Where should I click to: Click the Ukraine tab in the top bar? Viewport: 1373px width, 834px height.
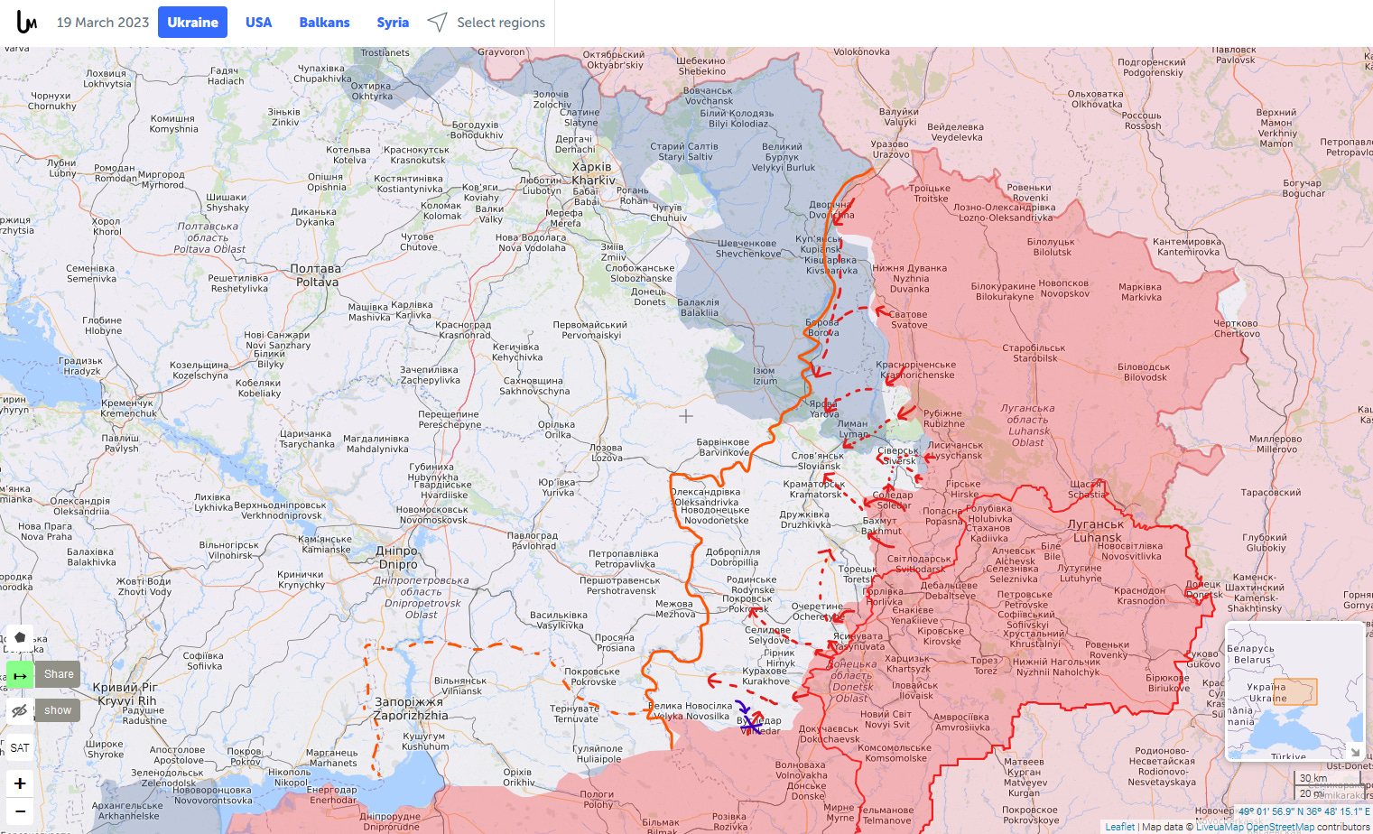click(x=192, y=23)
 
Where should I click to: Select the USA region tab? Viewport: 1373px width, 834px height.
click(x=258, y=23)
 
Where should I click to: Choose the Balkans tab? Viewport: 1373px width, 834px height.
click(x=324, y=23)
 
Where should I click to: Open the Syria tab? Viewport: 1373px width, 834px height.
click(x=393, y=23)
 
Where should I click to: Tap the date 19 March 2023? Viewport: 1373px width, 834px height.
click(x=103, y=23)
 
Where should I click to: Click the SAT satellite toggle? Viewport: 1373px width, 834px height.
click(x=20, y=747)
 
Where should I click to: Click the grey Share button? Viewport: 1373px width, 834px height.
click(x=59, y=674)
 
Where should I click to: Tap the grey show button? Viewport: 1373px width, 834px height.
click(x=58, y=710)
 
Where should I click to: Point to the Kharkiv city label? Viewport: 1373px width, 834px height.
click(x=592, y=173)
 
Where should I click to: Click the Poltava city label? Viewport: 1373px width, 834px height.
click(x=316, y=275)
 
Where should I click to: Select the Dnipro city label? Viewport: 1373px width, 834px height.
click(x=397, y=557)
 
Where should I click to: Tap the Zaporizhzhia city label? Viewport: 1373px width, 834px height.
click(x=410, y=709)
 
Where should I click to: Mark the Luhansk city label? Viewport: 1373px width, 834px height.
click(x=1097, y=531)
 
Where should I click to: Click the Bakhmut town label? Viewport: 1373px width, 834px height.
click(x=880, y=526)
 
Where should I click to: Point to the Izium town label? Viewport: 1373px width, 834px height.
click(x=765, y=375)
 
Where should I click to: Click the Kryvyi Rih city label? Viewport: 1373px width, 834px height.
click(x=125, y=694)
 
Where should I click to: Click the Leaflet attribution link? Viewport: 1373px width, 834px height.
click(x=1119, y=827)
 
